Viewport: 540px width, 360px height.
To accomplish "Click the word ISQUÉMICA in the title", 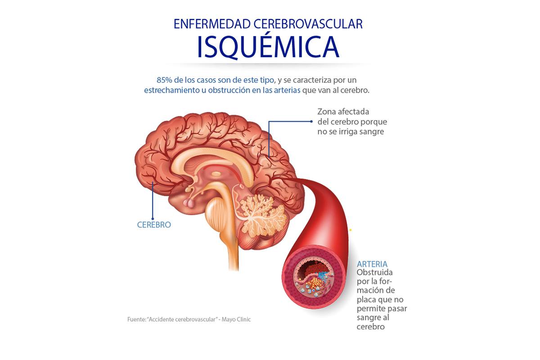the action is (268, 46).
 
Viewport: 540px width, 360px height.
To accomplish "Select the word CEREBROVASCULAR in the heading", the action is (308, 24).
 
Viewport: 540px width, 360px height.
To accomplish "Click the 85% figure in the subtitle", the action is (164, 80).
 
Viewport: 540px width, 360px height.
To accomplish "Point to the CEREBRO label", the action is (154, 225).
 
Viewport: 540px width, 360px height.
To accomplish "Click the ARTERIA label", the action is (372, 264).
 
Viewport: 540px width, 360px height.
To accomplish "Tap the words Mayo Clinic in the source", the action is (236, 319).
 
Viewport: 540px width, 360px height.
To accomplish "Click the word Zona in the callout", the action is (326, 112).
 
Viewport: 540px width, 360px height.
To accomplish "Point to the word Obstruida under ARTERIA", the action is (374, 272).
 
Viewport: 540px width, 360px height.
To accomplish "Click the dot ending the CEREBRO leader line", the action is (153, 219).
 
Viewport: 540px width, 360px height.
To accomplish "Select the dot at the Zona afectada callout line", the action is (311, 121).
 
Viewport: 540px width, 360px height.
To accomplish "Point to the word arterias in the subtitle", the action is (287, 90).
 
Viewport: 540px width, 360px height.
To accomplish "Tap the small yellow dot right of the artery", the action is (351, 230).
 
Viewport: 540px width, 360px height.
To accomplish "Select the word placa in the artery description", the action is (366, 300).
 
